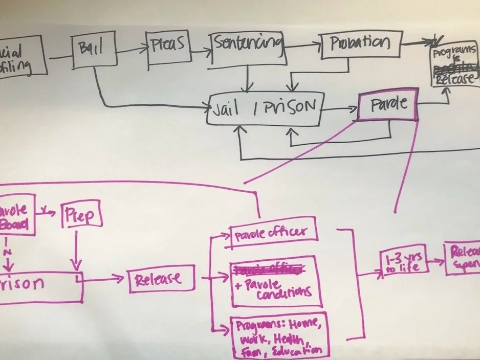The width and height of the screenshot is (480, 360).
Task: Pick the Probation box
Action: [x=360, y=45]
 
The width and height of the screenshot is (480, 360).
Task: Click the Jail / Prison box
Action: [x=264, y=109]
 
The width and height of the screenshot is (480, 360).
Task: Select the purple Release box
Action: [x=161, y=279]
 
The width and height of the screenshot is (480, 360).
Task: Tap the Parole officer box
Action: [x=274, y=233]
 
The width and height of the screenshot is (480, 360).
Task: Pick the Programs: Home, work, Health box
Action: [x=278, y=335]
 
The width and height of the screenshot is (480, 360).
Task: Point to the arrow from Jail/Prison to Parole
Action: [x=338, y=108]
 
